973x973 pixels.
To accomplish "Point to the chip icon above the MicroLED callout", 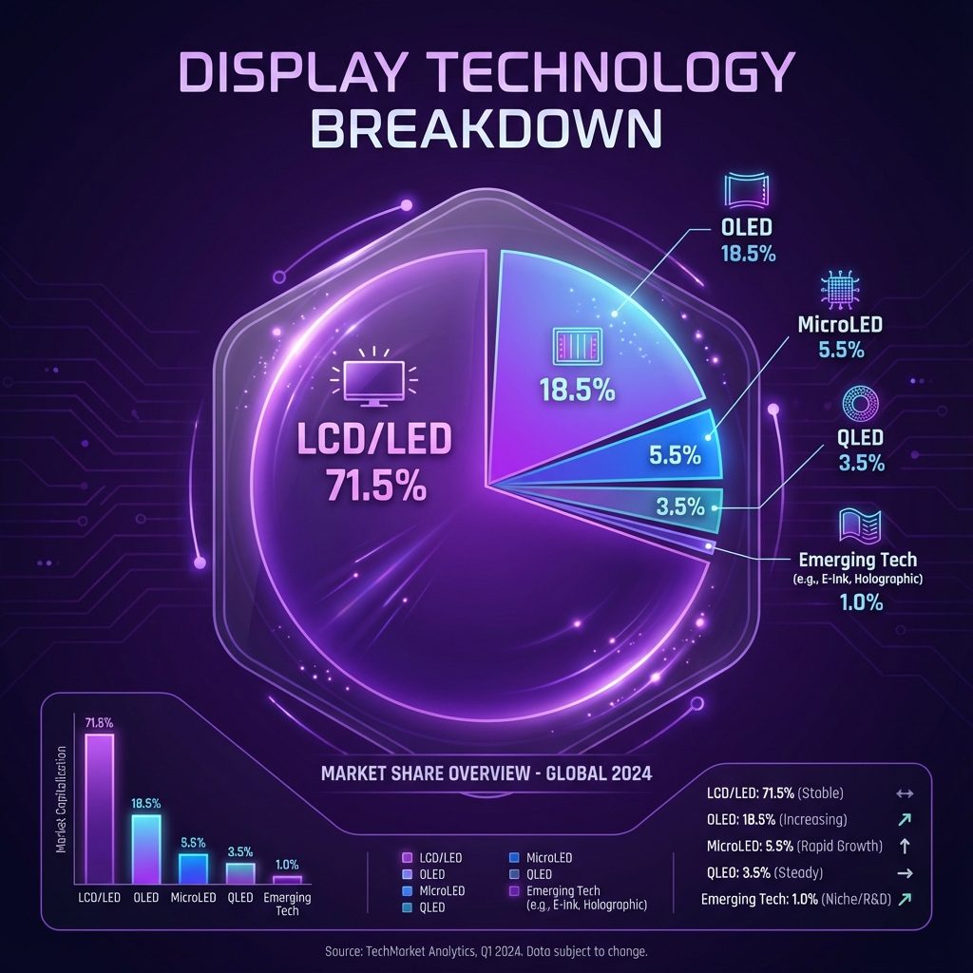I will (x=839, y=288).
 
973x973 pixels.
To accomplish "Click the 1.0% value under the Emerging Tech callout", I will (x=861, y=602).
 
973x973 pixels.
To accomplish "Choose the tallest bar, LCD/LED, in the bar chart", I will (x=99, y=808).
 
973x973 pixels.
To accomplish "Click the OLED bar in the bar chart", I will (x=145, y=849).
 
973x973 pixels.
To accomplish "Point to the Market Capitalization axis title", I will (x=63, y=799).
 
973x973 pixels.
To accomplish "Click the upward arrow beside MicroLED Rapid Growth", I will (x=905, y=846).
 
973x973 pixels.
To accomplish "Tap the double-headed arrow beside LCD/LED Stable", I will (x=905, y=792).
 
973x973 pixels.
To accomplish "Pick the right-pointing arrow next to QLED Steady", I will (x=905, y=872).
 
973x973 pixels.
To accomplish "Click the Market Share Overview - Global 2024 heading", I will (x=486, y=773).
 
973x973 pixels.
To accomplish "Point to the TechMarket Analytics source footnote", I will (x=486, y=951).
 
